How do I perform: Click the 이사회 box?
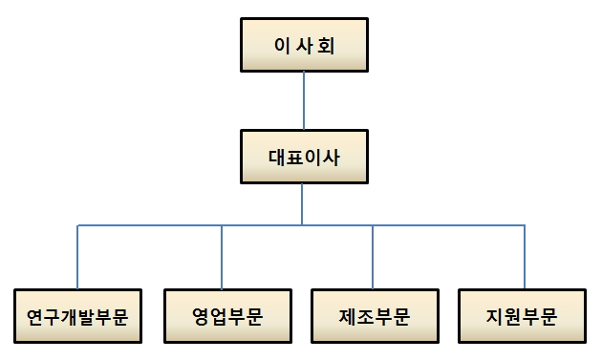pyautogui.click(x=303, y=44)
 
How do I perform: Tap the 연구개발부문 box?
pyautogui.click(x=78, y=315)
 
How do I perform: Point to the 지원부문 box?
pyautogui.click(x=522, y=315)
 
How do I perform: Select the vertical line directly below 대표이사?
pyautogui.click(x=303, y=204)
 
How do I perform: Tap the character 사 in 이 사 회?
pyautogui.click(x=303, y=44)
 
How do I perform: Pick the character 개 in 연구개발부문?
pyautogui.click(x=69, y=316)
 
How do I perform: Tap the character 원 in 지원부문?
pyautogui.click(x=512, y=316)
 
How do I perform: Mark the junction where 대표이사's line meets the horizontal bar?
pyautogui.click(x=303, y=225)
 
